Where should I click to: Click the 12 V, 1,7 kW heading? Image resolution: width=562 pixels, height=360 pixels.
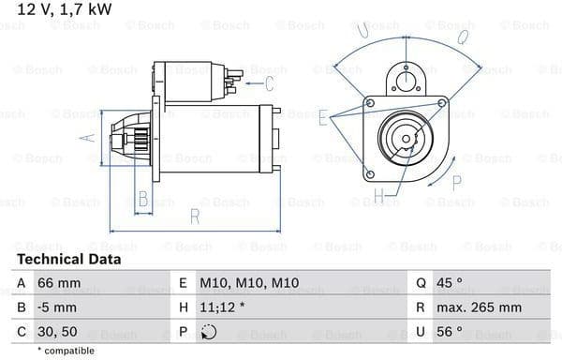click(x=65, y=9)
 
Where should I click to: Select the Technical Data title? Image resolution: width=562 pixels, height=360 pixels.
click(x=69, y=260)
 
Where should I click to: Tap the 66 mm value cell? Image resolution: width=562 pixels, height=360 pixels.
click(x=59, y=283)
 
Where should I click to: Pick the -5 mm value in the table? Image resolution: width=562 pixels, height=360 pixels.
click(x=57, y=307)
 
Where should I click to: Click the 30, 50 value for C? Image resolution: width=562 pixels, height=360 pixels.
click(x=57, y=332)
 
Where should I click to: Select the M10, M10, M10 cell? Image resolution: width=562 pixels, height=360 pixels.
click(x=249, y=283)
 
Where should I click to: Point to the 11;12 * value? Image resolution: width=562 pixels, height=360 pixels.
click(x=222, y=307)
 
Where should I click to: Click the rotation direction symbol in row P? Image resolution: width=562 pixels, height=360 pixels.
click(x=209, y=332)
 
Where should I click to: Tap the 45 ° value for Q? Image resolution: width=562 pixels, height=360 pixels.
click(x=450, y=283)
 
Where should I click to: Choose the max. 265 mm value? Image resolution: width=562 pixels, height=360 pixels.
click(x=479, y=307)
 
